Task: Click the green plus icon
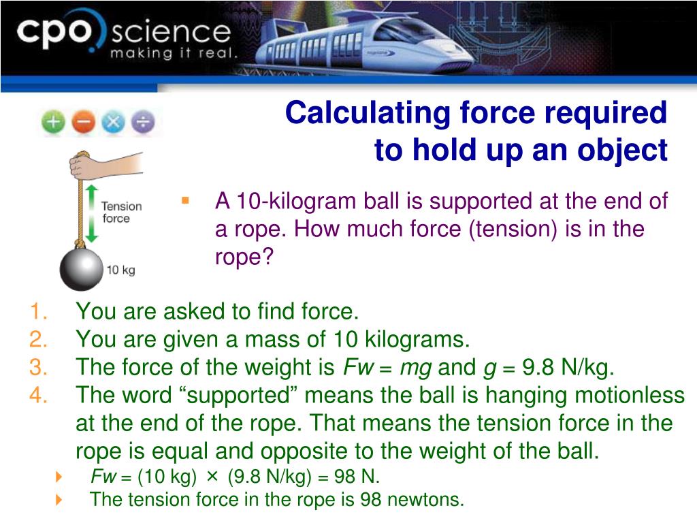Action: coord(54,123)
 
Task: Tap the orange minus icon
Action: coord(83,123)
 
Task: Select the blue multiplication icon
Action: coord(113,123)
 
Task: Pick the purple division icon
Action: coord(143,123)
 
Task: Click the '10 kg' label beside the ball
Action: coord(120,270)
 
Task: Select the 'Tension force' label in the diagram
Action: coord(121,212)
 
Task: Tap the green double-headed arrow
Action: coord(93,212)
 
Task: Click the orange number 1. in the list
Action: coord(38,312)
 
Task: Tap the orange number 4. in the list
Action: coord(38,395)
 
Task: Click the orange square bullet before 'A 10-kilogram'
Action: coord(184,201)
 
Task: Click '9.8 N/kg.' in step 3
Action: coord(568,368)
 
